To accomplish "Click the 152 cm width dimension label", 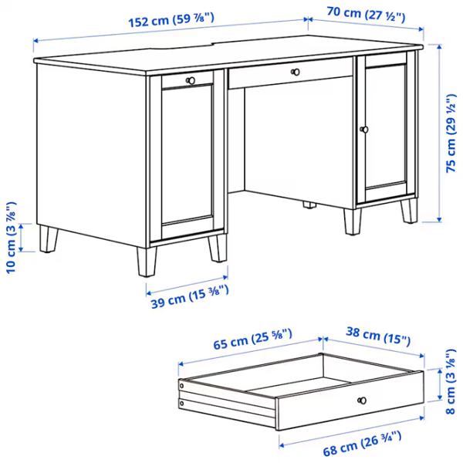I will click(x=171, y=22).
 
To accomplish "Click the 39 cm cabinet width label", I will click(x=188, y=294).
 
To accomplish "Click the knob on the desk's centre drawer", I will click(x=293, y=73).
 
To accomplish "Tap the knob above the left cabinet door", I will click(x=191, y=79).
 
